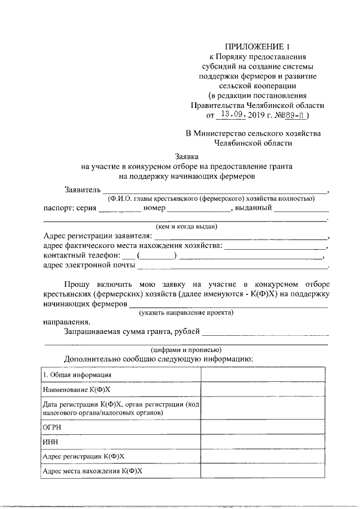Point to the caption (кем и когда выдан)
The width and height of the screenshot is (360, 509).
point(186,226)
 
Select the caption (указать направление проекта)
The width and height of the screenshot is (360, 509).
point(186,312)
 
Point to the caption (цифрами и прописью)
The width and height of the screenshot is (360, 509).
point(186,349)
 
